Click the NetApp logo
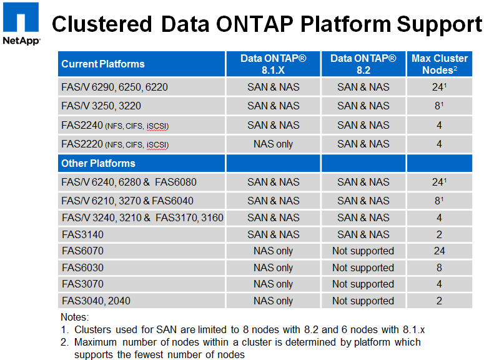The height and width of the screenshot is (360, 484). pyautogui.click(x=21, y=24)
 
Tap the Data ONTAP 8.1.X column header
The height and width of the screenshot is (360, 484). pyautogui.click(x=273, y=64)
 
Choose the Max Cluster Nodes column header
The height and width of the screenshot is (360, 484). pyautogui.click(x=440, y=64)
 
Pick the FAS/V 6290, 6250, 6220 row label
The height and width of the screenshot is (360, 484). pyautogui.click(x=114, y=87)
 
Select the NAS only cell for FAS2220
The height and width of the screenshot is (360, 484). pyautogui.click(x=273, y=144)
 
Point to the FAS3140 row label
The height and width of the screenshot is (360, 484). pyautogui.click(x=82, y=234)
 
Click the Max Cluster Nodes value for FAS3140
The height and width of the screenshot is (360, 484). pyautogui.click(x=440, y=234)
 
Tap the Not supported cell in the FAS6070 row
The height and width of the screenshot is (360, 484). pyautogui.click(x=363, y=251)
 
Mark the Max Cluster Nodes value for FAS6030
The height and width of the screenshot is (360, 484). pyautogui.click(x=440, y=267)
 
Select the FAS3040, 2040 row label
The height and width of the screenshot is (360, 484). pyautogui.click(x=96, y=301)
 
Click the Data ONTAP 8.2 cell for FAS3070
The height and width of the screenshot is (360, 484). pyautogui.click(x=363, y=284)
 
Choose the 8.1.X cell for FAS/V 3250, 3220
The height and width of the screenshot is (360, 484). pyautogui.click(x=273, y=106)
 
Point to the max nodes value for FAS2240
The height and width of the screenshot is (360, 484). pyautogui.click(x=440, y=125)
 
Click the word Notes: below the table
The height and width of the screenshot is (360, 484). pyautogui.click(x=75, y=317)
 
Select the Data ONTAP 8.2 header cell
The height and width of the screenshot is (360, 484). pyautogui.click(x=363, y=64)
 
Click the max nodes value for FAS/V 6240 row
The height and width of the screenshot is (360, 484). pyautogui.click(x=440, y=182)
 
